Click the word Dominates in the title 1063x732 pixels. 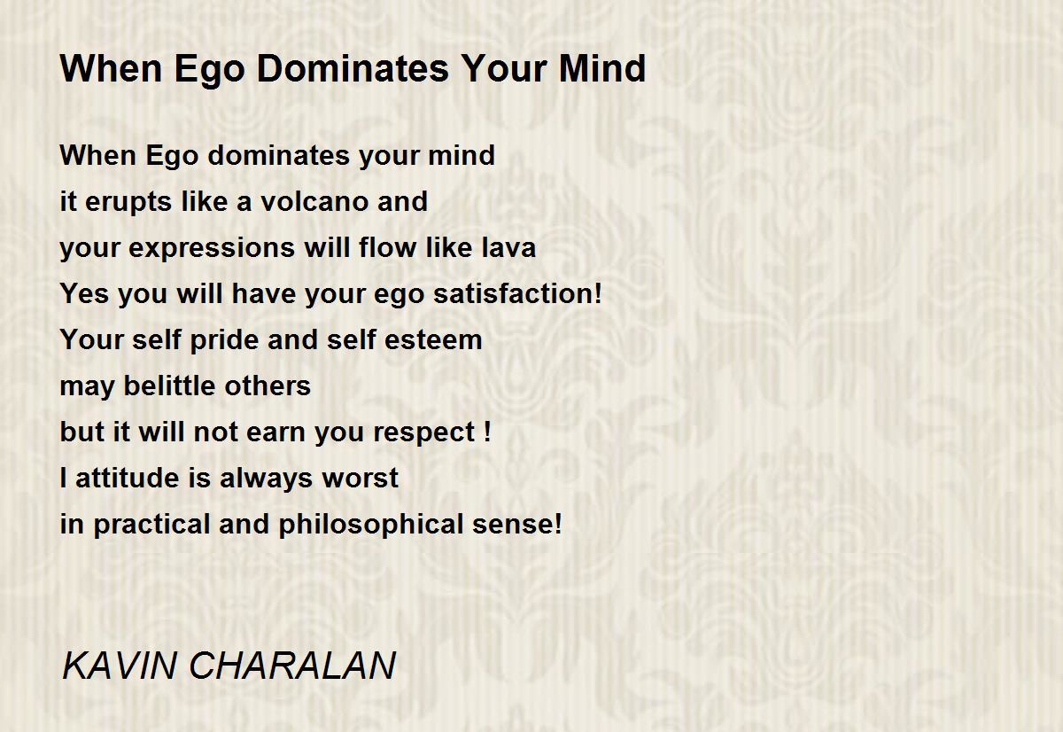(x=353, y=69)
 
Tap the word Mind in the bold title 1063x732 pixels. (x=602, y=69)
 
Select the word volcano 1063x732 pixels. (x=314, y=201)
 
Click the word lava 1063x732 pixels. (x=508, y=247)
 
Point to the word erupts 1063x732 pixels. (x=128, y=202)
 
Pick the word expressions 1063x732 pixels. (x=212, y=249)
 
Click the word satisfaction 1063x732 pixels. (x=513, y=293)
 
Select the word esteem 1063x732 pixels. (x=433, y=340)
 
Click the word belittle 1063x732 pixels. (x=169, y=385)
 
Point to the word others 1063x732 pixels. (x=268, y=385)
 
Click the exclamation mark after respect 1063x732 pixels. (x=487, y=431)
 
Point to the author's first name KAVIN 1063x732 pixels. (x=120, y=665)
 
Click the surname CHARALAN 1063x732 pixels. (x=292, y=665)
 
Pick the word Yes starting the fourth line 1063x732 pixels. (x=84, y=293)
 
